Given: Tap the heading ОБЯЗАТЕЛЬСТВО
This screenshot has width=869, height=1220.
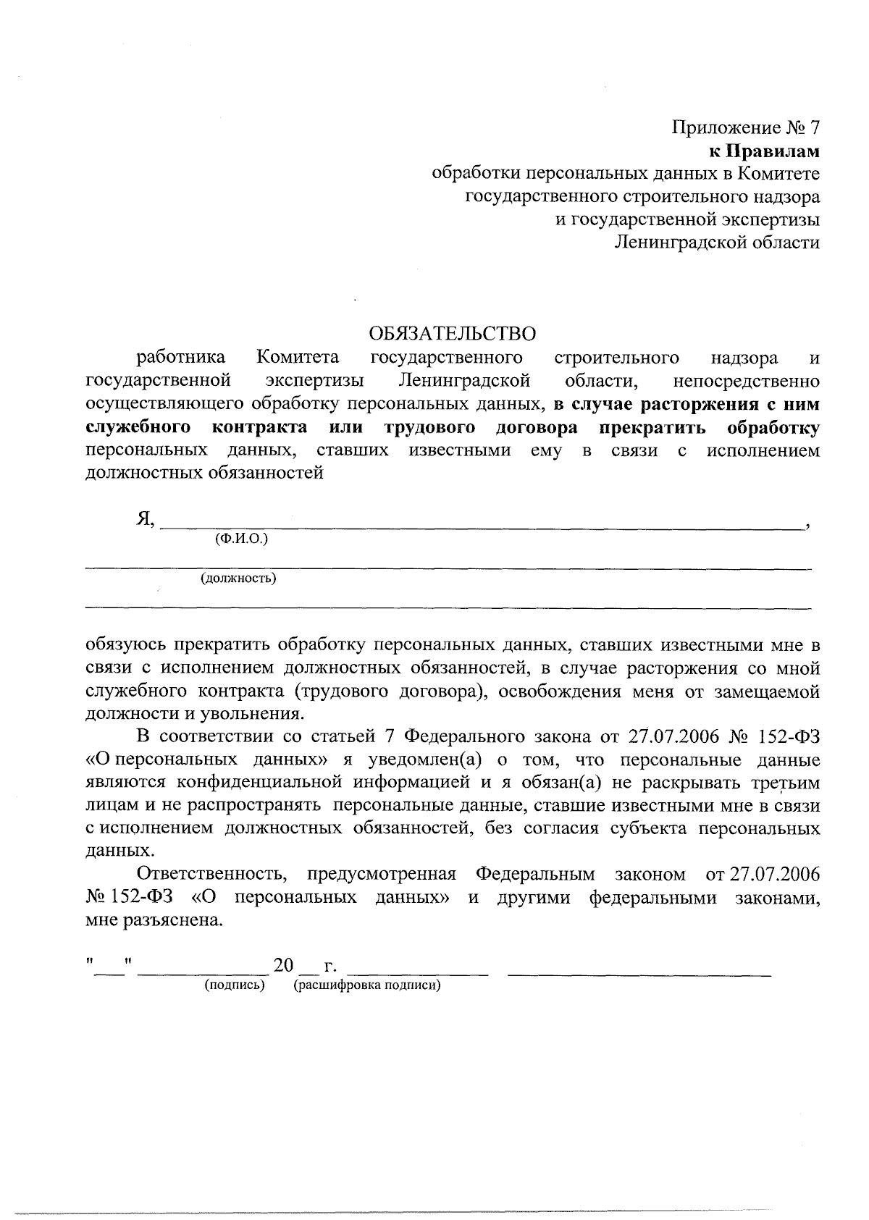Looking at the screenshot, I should tap(453, 334).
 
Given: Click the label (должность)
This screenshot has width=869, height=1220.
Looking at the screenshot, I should tap(238, 579).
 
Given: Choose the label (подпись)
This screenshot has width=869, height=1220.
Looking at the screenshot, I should tap(235, 985).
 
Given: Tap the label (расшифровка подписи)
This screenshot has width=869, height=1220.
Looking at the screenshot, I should tap(367, 985).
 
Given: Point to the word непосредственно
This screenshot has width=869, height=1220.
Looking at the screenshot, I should tap(746, 380).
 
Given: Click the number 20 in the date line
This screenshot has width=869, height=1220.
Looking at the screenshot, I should tap(284, 965).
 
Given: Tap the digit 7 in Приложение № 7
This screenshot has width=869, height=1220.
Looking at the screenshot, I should tap(814, 128).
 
